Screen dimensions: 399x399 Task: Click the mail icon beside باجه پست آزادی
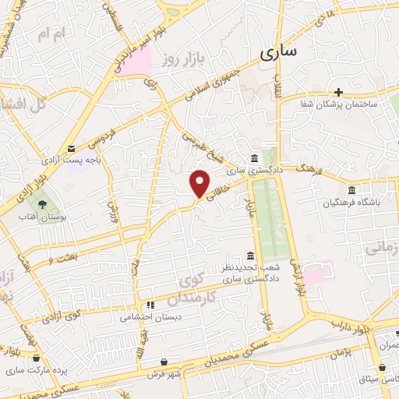click(x=72, y=149)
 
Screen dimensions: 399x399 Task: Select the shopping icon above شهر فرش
click(x=164, y=362)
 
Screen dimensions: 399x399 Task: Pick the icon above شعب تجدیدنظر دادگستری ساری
click(x=249, y=256)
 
